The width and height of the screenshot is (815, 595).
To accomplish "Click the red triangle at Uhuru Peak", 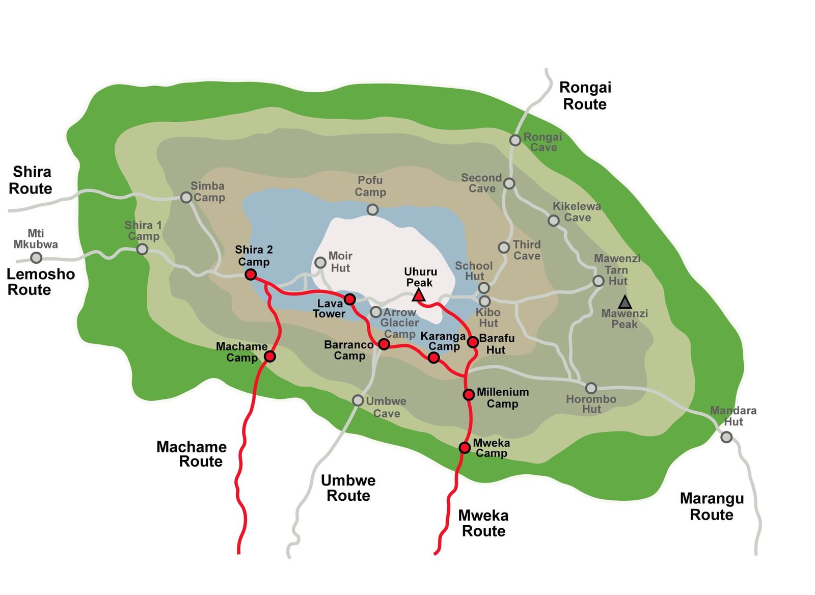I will tap(419, 295).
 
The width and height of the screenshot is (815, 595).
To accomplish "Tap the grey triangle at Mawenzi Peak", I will tap(625, 303).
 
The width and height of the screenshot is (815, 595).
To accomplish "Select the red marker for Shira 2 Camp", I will tap(251, 275).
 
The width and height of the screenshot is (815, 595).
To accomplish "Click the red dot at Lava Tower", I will tap(349, 299).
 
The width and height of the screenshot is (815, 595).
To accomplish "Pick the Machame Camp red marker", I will tap(270, 356).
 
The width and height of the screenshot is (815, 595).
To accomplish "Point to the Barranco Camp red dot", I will tap(384, 344).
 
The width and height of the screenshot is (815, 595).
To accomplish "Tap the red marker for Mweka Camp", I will tap(465, 447).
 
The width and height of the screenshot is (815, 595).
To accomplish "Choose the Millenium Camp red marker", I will tap(469, 394).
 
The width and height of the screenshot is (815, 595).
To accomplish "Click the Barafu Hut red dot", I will tap(473, 341).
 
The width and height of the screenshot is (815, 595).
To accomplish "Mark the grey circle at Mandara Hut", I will tap(726, 437).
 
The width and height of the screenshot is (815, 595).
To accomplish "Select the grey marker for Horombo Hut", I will tap(591, 388).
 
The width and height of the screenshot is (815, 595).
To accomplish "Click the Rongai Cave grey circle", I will tap(515, 140).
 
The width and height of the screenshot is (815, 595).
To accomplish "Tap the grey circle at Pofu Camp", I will tap(373, 209).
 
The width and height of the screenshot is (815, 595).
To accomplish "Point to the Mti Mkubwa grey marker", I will tap(36, 257).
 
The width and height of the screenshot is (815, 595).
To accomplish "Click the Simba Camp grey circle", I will tap(186, 197).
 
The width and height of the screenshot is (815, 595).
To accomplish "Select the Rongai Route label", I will tap(585, 96).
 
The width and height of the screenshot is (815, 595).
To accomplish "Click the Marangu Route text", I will tap(712, 506).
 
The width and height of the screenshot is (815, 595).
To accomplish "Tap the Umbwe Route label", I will tap(348, 488).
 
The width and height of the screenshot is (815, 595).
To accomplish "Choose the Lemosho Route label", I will tap(40, 282).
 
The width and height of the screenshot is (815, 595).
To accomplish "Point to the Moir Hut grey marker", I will tap(320, 262).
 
